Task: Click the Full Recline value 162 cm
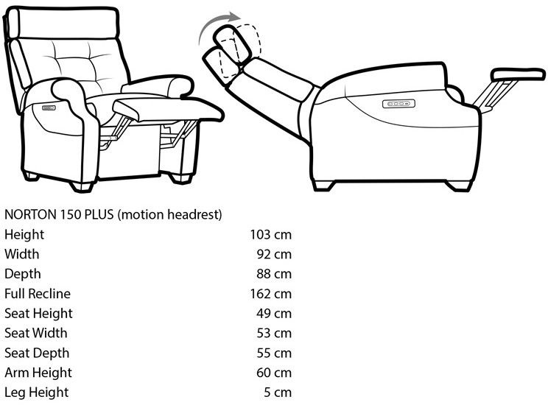(x=271, y=294)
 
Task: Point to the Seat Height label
(x=38, y=314)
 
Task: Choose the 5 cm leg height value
(x=278, y=392)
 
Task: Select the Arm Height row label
(x=38, y=373)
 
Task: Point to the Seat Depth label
(x=37, y=353)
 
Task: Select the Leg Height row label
(x=36, y=392)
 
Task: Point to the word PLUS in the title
(x=100, y=215)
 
